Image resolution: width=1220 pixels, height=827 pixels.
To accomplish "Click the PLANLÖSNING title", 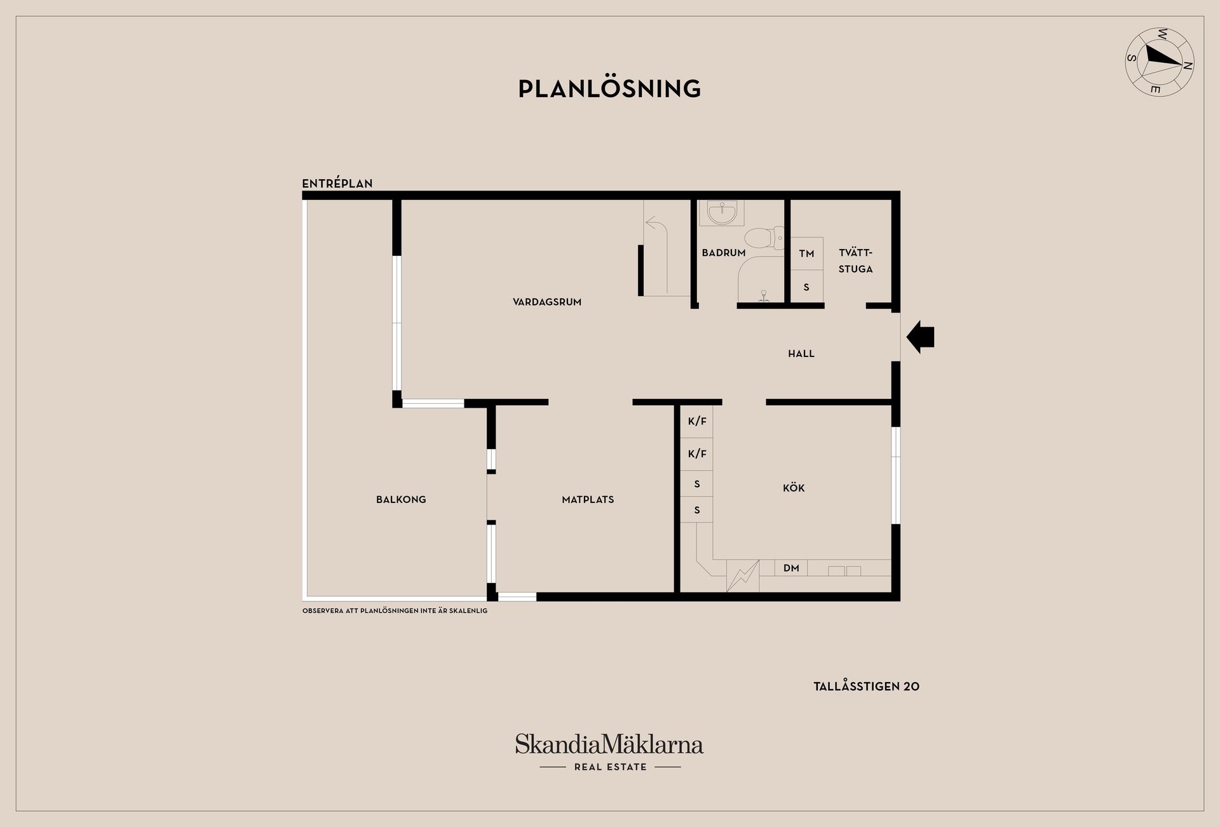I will [609, 89].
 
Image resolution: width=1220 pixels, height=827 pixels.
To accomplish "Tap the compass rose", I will [1159, 62].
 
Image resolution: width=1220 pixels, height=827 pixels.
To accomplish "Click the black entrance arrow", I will [920, 337].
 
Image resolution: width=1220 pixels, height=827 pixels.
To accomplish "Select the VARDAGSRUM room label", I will [547, 302].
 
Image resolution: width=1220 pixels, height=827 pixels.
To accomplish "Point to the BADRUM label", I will [723, 253].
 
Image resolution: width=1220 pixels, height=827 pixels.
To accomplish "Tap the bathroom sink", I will [722, 213].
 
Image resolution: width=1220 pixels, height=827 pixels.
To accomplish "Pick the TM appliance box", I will [806, 253].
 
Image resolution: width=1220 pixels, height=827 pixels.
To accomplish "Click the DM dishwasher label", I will [791, 568].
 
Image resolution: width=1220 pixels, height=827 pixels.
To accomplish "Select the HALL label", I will [801, 354].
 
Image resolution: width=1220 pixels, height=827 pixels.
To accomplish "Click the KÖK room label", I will [794, 488].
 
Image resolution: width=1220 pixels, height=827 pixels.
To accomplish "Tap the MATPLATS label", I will [588, 500].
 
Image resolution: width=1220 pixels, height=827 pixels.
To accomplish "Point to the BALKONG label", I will [401, 500].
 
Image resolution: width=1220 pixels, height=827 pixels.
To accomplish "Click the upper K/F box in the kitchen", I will [697, 422].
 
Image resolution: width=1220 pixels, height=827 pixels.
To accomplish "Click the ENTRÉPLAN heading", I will [337, 184].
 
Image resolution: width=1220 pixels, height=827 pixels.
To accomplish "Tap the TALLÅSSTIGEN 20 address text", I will [866, 687].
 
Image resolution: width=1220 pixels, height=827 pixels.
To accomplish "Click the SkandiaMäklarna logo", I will [609, 744].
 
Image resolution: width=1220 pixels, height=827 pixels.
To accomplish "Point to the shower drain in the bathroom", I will [764, 295].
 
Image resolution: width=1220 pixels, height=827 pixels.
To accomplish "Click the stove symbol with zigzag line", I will [743, 575].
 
